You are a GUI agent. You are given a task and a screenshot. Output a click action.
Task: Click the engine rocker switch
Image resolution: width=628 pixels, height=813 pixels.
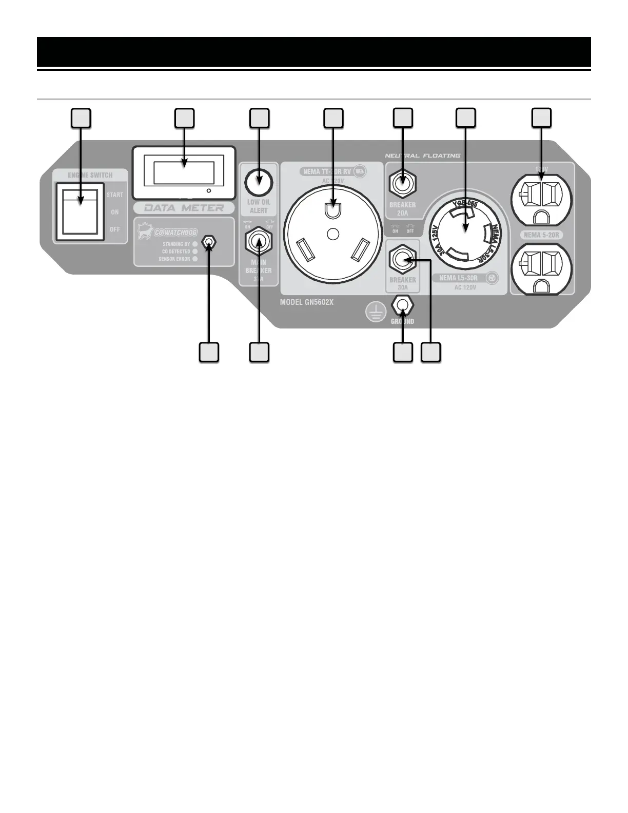tap(80, 211)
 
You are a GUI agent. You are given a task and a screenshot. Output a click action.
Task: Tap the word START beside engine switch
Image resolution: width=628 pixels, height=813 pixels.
tap(114, 195)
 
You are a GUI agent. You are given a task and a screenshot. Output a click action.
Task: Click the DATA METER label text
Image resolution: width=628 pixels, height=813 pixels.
tap(184, 208)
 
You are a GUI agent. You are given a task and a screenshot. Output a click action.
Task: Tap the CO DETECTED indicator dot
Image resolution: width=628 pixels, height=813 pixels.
tap(195, 251)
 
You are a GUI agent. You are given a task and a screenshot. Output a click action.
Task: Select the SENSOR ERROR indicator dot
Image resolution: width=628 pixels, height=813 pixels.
tap(195, 259)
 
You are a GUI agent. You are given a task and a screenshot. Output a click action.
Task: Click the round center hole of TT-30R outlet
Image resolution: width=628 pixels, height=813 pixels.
tap(333, 234)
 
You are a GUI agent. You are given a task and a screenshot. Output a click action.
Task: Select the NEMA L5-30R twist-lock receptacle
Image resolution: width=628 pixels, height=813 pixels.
tap(465, 229)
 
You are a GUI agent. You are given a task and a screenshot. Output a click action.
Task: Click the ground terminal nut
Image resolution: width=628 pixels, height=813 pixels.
tap(402, 305)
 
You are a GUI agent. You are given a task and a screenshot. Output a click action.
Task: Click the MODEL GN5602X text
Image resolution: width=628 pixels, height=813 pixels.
tap(306, 302)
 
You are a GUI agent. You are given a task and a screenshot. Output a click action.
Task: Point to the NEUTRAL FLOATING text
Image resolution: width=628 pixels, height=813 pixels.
tap(422, 156)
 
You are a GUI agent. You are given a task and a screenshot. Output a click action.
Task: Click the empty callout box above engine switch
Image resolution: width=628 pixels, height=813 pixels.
tap(81, 118)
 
